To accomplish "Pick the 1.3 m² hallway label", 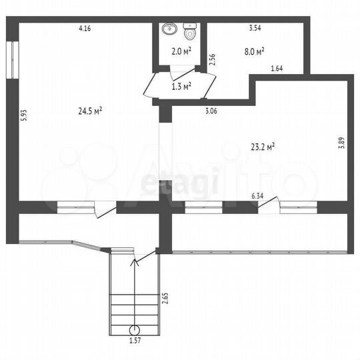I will pos(181,85).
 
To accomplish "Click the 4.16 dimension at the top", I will pos(85,28).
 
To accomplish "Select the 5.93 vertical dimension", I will pos(23,114).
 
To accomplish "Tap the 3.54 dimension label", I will pos(255,28).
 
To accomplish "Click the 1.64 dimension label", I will pos(277,68).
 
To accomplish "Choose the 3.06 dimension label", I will pos(210,111).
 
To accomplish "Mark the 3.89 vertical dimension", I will pos(341,142).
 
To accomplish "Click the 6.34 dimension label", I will pos(257,195).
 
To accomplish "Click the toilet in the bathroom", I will pos(189,31).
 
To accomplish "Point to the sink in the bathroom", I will pos(169,29).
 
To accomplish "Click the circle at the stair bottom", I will pos(135,329).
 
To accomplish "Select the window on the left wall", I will pos(13,61).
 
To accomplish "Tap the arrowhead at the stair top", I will pos(135,261).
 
